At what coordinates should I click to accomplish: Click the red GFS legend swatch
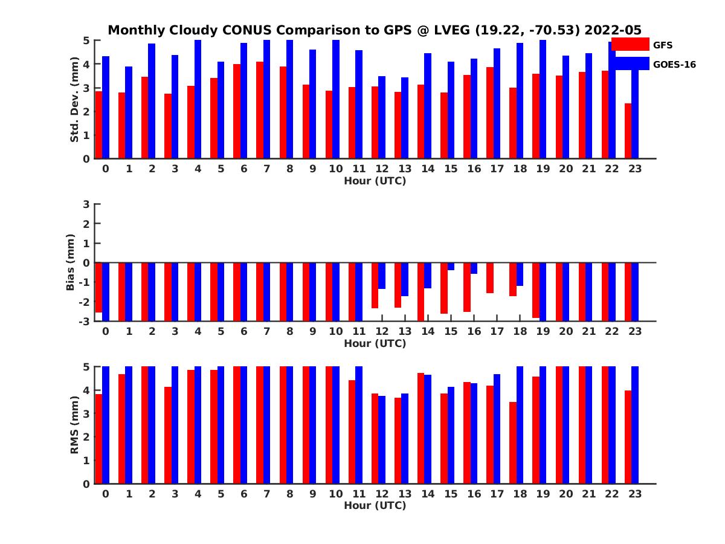tap(630, 44)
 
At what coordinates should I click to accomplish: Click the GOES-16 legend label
tap(674, 64)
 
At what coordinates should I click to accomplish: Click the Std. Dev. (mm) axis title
tap(74, 100)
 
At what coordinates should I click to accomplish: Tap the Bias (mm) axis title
tap(70, 262)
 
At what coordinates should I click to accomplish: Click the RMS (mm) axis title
tap(74, 424)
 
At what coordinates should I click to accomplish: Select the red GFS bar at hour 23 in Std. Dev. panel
tap(628, 131)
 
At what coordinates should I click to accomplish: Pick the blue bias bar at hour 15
tap(451, 267)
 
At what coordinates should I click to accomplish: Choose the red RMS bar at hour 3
tap(168, 435)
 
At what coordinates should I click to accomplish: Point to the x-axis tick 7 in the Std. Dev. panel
tap(266, 169)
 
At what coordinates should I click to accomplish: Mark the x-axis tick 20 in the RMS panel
tap(565, 493)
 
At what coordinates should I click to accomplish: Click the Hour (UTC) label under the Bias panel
tap(375, 343)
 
